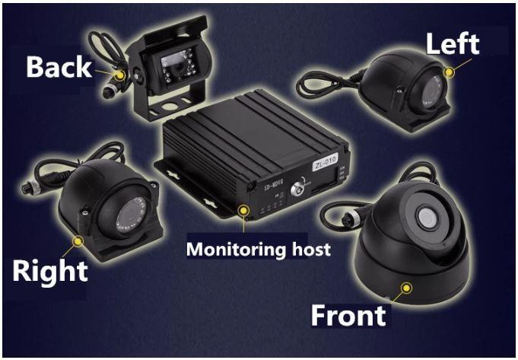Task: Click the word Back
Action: (x=59, y=66)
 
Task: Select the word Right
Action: (x=50, y=272)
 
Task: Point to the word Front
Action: (x=348, y=315)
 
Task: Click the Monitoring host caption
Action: (x=259, y=249)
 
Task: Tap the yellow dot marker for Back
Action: (x=120, y=75)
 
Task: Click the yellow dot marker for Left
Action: (x=449, y=72)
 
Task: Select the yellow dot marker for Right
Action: (x=78, y=241)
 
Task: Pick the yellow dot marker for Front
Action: (x=406, y=288)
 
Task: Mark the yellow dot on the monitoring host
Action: (x=244, y=210)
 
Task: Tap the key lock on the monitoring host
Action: (x=297, y=190)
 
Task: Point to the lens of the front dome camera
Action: (x=427, y=217)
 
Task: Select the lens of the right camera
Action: (x=131, y=215)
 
